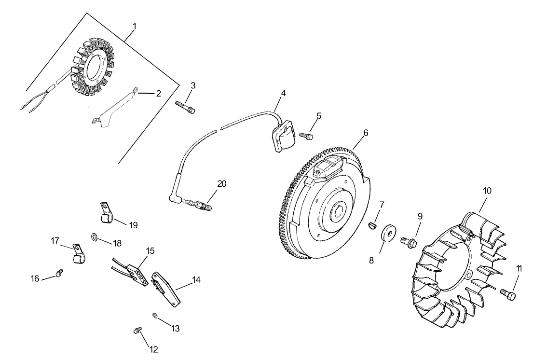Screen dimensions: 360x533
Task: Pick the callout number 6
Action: coord(366,133)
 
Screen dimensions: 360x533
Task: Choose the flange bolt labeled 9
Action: coord(487,191)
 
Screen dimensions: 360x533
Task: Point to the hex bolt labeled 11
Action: coord(137,331)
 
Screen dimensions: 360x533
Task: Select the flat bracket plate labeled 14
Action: coord(137,275)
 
